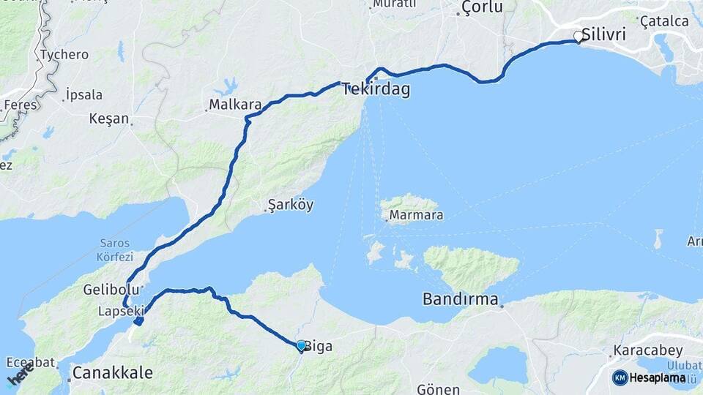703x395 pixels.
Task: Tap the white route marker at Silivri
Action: pos(579,36)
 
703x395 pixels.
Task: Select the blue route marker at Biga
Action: pos(301,345)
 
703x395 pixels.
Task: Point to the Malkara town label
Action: pos(235,105)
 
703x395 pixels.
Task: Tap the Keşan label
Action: pos(108,118)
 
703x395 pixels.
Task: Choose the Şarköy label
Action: pos(291,205)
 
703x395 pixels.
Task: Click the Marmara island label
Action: pos(416,216)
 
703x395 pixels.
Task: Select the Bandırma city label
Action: pos(461,300)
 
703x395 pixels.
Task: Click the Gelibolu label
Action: pos(108,288)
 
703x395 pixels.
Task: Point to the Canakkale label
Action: pos(113,373)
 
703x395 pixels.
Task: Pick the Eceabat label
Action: pos(30,362)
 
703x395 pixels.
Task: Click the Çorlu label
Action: pos(482,8)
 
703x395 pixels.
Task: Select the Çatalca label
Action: pos(664,21)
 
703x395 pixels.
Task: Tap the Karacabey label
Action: pos(648,350)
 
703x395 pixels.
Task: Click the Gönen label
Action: pos(438,389)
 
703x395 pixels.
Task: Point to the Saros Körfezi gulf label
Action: pos(114,250)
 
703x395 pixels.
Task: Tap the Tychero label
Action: pos(64,55)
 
